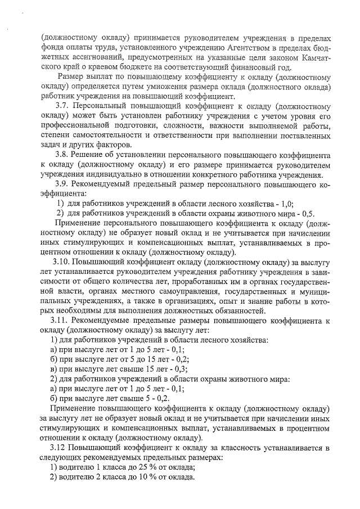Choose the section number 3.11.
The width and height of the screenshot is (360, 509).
[x=61, y=320]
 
